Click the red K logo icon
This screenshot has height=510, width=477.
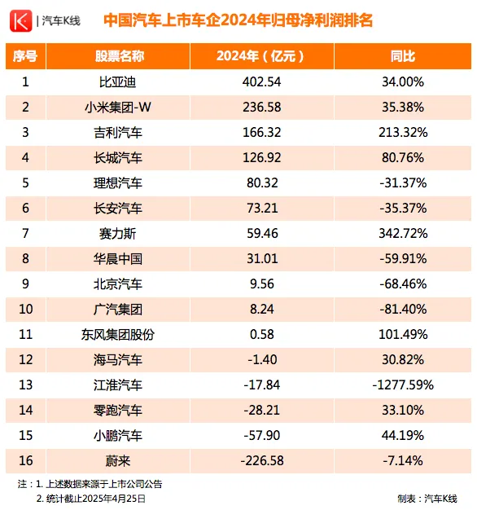[x=21, y=21]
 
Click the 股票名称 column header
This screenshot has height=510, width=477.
[x=119, y=56]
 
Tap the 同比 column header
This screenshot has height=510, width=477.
[x=403, y=56]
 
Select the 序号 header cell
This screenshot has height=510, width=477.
[x=25, y=56]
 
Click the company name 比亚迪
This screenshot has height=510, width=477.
[x=118, y=82]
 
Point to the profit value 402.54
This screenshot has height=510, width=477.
[x=261, y=82]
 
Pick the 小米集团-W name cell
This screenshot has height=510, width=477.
[x=118, y=108]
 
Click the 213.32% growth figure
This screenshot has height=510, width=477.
[x=403, y=132]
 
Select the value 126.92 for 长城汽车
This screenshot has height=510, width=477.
[x=261, y=158]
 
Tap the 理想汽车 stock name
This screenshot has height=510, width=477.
[x=118, y=183]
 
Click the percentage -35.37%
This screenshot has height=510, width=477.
[x=403, y=209]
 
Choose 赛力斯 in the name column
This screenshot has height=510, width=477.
[x=118, y=234]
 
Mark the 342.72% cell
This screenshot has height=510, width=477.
[x=403, y=234]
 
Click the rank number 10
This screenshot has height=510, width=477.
[x=26, y=309]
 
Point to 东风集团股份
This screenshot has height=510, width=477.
[x=118, y=334]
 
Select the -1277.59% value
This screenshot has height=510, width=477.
[x=403, y=385]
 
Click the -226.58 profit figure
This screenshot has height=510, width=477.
[x=262, y=461]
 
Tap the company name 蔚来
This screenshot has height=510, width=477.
[x=118, y=461]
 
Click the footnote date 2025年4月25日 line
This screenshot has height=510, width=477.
[x=91, y=499]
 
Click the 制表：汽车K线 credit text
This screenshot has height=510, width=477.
[x=427, y=499]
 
